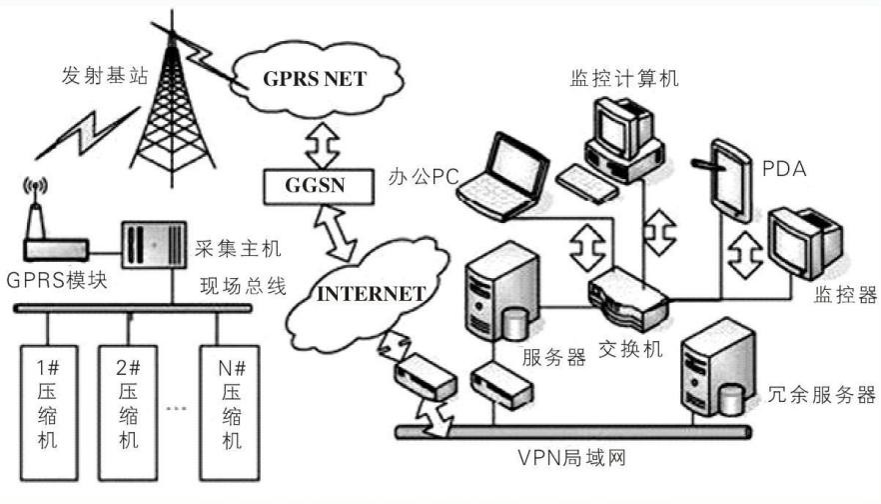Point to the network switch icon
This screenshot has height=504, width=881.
point(626,298)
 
